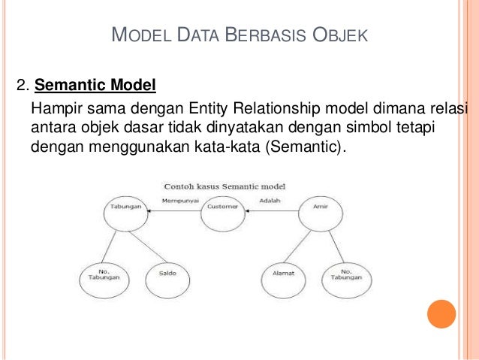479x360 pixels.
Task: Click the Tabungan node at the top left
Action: tap(124, 215)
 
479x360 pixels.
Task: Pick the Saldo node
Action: tap(167, 277)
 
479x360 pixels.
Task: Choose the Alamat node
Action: tap(283, 277)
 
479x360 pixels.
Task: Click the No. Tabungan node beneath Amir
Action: tap(346, 277)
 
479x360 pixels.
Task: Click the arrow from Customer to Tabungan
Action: tap(173, 213)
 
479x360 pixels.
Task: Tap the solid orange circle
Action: tap(441, 314)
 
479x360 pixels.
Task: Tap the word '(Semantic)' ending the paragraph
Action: tap(306, 145)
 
